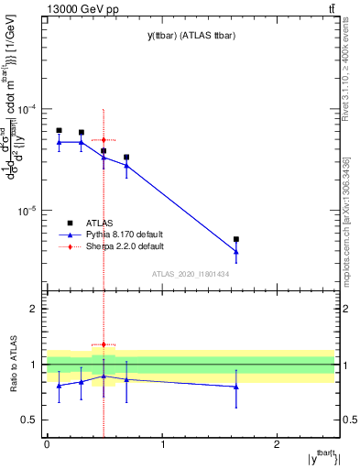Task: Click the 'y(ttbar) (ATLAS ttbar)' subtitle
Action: tap(189, 36)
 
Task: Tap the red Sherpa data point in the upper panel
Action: tap(104, 140)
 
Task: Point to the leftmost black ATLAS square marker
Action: tap(59, 130)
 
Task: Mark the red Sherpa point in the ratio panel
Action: tap(104, 345)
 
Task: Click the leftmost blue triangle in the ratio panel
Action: tap(59, 386)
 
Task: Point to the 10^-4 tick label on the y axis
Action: tap(28, 109)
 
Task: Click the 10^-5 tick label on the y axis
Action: tap(28, 211)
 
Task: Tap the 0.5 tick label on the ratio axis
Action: tap(30, 420)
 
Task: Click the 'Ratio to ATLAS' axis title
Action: tap(13, 365)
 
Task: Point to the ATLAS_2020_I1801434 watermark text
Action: tap(190, 274)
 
